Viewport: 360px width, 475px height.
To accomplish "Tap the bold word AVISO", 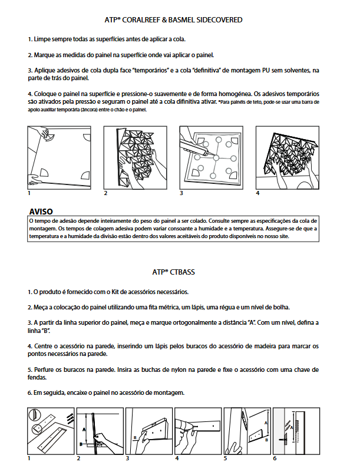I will coord(41,210).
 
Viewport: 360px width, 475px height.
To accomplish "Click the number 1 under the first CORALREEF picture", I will coord(29,193).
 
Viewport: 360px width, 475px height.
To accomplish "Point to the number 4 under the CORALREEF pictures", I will coord(258,193).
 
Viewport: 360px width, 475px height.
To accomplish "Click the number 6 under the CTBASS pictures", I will coord(275,458).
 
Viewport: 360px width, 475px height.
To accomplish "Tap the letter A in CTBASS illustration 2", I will coord(84,430).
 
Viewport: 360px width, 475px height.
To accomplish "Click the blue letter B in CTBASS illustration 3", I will coord(135,438).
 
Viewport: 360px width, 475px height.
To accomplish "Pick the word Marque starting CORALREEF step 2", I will coord(47,55).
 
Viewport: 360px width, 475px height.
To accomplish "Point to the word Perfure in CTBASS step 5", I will coord(46,370).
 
